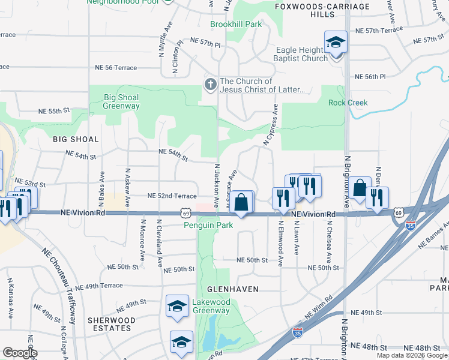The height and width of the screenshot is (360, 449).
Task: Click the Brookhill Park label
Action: [236, 25]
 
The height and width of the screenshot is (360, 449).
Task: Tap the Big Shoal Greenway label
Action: [121, 101]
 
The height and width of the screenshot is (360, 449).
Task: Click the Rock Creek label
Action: [348, 103]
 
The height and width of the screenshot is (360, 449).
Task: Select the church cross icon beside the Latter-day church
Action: [210, 85]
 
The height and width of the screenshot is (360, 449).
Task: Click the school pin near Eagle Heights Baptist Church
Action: [336, 42]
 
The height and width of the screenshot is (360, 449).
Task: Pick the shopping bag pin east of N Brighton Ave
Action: [360, 188]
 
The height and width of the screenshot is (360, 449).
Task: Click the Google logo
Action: [19, 353]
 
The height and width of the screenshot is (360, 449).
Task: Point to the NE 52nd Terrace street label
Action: [172, 196]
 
